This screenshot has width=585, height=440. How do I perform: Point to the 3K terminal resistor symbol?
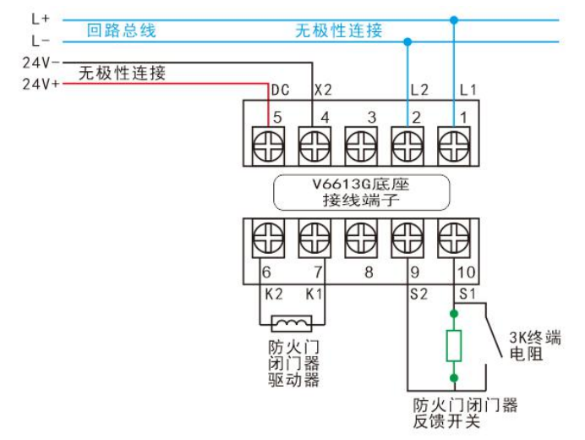454,345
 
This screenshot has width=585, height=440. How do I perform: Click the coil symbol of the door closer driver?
291,322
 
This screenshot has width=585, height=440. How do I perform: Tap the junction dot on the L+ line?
454,19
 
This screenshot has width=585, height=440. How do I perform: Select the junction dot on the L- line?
407,40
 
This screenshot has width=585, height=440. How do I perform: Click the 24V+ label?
40,84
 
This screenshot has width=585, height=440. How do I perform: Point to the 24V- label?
40,62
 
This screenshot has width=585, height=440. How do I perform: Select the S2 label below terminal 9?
418,293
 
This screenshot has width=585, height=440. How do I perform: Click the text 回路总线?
122,31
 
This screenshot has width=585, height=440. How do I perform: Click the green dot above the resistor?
454,313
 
